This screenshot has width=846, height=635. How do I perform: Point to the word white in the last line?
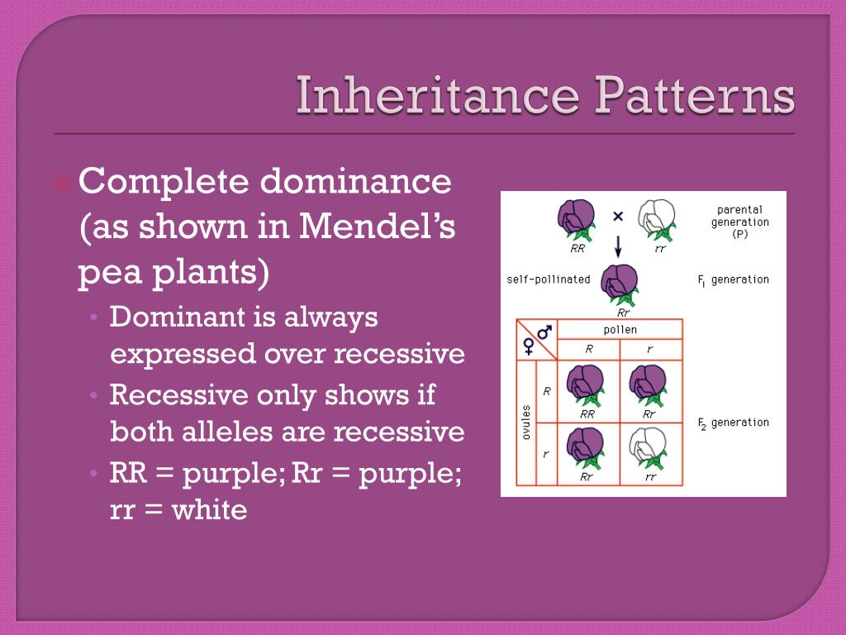click(x=210, y=510)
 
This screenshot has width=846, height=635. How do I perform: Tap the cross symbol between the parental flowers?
click(x=617, y=216)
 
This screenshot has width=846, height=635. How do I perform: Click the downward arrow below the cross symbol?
click(x=617, y=246)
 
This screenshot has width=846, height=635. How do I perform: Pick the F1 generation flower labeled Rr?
click(x=620, y=284)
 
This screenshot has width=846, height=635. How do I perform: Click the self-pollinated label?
click(x=549, y=279)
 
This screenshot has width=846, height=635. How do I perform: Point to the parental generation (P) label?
click(x=739, y=222)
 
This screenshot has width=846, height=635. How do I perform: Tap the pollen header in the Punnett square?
click(x=620, y=330)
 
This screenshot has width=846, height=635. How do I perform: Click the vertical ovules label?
click(x=526, y=422)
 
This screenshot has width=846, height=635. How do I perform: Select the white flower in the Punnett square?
click(x=650, y=446)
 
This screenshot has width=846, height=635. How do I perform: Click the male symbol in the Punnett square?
click(x=544, y=332)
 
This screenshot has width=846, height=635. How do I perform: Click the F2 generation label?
click(x=734, y=423)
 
